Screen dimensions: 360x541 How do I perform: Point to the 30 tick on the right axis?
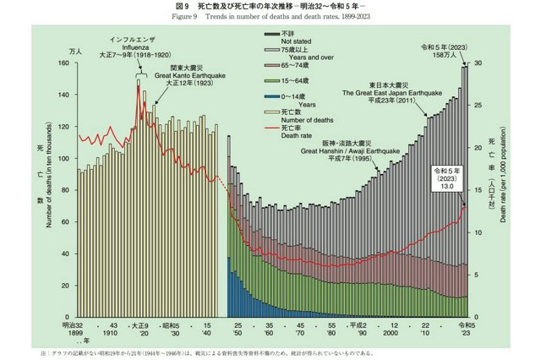478,63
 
